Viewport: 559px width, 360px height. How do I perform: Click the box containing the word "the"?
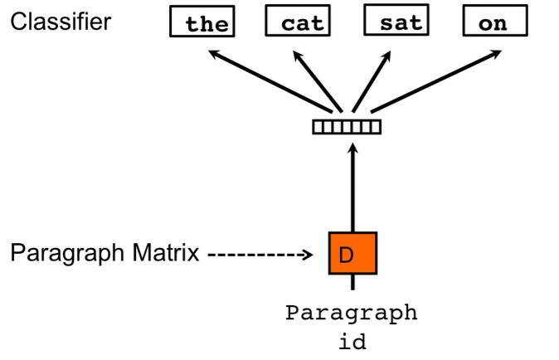point(202,22)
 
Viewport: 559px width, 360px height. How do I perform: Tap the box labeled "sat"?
point(395,22)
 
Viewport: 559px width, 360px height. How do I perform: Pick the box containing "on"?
point(493,22)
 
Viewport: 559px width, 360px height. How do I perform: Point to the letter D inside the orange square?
point(347,255)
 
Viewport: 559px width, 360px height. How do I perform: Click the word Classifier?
point(60,21)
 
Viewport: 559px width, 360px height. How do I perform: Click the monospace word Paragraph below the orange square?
point(352,315)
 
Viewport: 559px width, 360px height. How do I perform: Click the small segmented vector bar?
point(347,127)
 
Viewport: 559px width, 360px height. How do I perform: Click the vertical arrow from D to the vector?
point(352,187)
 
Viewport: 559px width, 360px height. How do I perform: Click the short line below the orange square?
point(352,283)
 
